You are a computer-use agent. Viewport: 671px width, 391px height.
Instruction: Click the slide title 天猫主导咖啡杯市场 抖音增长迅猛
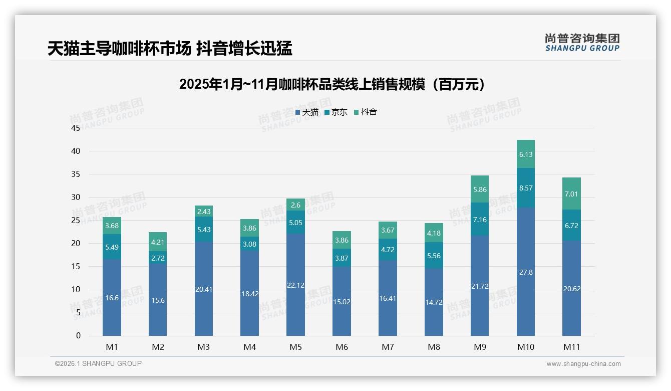pos(170,48)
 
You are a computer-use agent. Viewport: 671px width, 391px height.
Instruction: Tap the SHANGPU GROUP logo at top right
pos(582,43)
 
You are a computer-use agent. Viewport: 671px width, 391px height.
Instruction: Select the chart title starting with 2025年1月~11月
pos(332,84)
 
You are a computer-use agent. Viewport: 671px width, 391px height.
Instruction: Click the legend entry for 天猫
pos(307,112)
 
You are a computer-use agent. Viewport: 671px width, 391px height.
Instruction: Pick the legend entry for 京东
pos(336,112)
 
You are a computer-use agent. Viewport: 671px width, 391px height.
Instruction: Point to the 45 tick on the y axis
pos(76,128)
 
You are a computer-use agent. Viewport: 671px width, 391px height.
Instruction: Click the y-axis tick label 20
pos(76,244)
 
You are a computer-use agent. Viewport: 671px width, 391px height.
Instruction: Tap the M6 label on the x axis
pos(342,347)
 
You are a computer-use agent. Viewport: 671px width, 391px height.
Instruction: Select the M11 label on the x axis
pos(571,347)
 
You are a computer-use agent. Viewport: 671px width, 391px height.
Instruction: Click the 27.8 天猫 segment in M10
pos(526,272)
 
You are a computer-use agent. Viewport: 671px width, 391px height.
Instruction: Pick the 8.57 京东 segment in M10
pos(526,188)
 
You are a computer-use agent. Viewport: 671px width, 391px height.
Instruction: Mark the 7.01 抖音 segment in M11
pos(571,194)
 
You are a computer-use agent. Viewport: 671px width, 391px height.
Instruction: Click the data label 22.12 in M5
pos(295,285)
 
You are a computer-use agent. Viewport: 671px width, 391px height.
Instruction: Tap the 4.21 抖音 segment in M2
pos(158,242)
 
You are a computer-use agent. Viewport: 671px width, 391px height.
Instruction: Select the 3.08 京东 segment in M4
pos(249,244)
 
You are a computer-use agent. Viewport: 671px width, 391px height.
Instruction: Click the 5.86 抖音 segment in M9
pos(480,189)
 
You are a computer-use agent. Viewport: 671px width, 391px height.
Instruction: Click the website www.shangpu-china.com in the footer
pos(583,364)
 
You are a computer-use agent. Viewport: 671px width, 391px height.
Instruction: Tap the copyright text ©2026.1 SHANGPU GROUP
pos(98,363)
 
